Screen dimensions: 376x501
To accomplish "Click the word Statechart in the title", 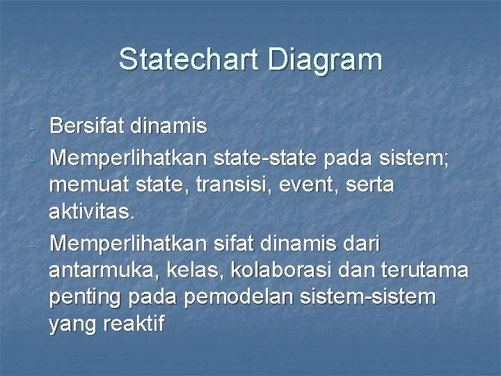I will point(189,59).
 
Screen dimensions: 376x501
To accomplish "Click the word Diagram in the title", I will point(325,59).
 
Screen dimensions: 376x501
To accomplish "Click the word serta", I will point(368,185).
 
